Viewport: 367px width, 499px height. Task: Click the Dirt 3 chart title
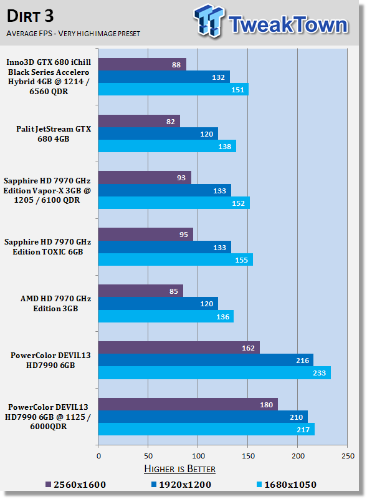click(x=30, y=16)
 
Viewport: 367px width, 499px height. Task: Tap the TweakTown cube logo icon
click(x=209, y=21)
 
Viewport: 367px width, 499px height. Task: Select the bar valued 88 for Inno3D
click(x=142, y=64)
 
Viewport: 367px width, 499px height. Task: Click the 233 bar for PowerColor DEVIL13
click(x=214, y=372)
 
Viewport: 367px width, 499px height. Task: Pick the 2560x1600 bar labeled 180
click(x=188, y=404)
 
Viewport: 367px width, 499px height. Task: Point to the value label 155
click(x=241, y=260)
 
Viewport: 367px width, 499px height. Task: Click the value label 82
click(x=171, y=122)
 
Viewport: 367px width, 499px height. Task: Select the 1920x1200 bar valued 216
click(x=206, y=360)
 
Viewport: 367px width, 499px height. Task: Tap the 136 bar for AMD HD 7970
click(x=166, y=316)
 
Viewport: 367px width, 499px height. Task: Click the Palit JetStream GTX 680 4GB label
click(x=54, y=133)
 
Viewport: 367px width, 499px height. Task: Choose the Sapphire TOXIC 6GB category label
click(x=48, y=246)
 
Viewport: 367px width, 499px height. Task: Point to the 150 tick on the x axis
click(x=248, y=456)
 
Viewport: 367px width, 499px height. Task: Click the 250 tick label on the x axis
click(x=348, y=456)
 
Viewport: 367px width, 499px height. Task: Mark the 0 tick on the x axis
click(x=98, y=456)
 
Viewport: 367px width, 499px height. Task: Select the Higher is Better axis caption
click(x=179, y=469)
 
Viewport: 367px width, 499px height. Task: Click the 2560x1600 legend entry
click(x=75, y=485)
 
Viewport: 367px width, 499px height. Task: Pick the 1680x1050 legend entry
click(x=286, y=485)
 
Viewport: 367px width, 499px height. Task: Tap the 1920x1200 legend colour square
click(x=154, y=485)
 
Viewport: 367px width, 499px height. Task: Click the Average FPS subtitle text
click(x=73, y=34)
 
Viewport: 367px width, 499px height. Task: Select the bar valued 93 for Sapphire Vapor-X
click(x=145, y=178)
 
